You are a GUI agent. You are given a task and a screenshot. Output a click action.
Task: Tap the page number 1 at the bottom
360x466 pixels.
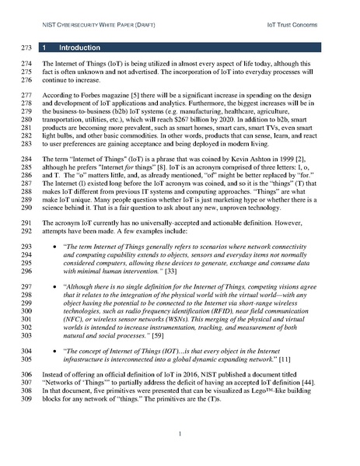(x=179, y=433)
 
